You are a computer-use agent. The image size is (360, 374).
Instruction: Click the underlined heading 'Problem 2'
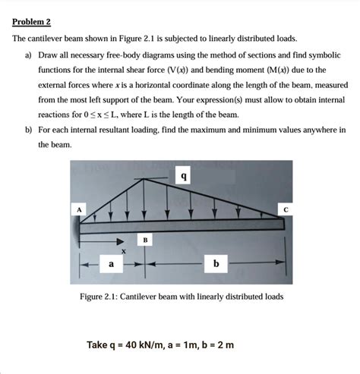(x=30, y=21)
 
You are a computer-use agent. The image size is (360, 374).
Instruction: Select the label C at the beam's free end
(x=286, y=208)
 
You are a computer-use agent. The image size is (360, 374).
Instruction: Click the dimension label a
(x=111, y=264)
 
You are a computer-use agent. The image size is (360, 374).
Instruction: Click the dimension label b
(x=216, y=264)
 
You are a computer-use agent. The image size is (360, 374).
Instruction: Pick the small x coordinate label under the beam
(x=122, y=250)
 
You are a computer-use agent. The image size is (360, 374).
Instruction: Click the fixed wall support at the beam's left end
(x=77, y=228)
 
